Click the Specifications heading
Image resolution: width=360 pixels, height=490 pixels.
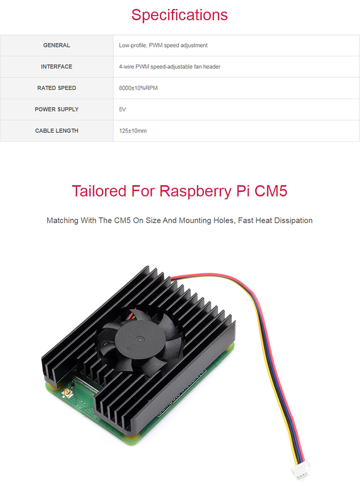(180, 15)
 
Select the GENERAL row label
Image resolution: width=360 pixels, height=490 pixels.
(57, 45)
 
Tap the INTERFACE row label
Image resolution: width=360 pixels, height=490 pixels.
(57, 67)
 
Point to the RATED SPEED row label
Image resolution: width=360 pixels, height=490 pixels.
(57, 88)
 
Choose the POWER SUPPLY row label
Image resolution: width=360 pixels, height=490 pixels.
(57, 110)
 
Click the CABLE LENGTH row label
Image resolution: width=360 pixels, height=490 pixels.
(57, 131)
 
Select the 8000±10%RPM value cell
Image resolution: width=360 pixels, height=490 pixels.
(138, 88)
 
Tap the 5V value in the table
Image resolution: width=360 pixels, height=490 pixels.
(122, 110)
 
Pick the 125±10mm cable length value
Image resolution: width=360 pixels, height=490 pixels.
(132, 131)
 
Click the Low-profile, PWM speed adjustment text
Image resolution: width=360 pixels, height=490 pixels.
(163, 45)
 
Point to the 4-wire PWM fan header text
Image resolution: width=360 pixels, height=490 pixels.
(169, 67)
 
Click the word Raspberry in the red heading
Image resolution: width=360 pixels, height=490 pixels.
(195, 191)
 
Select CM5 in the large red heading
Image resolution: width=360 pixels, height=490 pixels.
(271, 191)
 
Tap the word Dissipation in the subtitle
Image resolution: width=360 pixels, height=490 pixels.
(294, 220)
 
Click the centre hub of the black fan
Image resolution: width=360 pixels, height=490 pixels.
(139, 339)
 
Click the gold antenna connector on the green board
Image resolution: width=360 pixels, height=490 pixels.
(67, 393)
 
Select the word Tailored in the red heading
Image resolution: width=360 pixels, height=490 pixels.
(99, 191)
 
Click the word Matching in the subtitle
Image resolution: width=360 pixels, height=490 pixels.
(62, 220)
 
